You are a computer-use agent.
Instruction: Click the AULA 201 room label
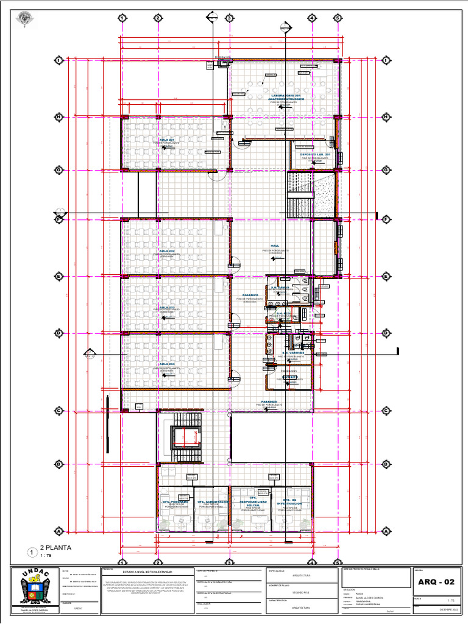pyautogui.click(x=167, y=140)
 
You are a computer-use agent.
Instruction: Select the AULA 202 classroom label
pyautogui.click(x=167, y=251)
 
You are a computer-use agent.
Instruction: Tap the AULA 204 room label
pyautogui.click(x=167, y=364)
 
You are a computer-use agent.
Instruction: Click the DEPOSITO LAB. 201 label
pyautogui.click(x=314, y=155)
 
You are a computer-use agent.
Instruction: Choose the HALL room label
pyautogui.click(x=275, y=246)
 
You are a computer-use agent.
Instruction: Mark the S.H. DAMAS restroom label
pyautogui.click(x=280, y=287)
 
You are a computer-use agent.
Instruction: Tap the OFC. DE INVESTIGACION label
pyautogui.click(x=289, y=502)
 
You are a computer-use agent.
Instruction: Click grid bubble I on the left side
pyautogui.click(x=59, y=60)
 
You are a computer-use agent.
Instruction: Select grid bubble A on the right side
pyautogui.click(x=386, y=531)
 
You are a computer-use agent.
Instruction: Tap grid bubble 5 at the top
pyautogui.click(x=336, y=18)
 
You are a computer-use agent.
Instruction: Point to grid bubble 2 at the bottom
pyautogui.click(x=157, y=562)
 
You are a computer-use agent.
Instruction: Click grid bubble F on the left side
pyautogui.click(x=59, y=218)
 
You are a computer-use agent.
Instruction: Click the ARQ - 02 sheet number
pyautogui.click(x=436, y=582)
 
